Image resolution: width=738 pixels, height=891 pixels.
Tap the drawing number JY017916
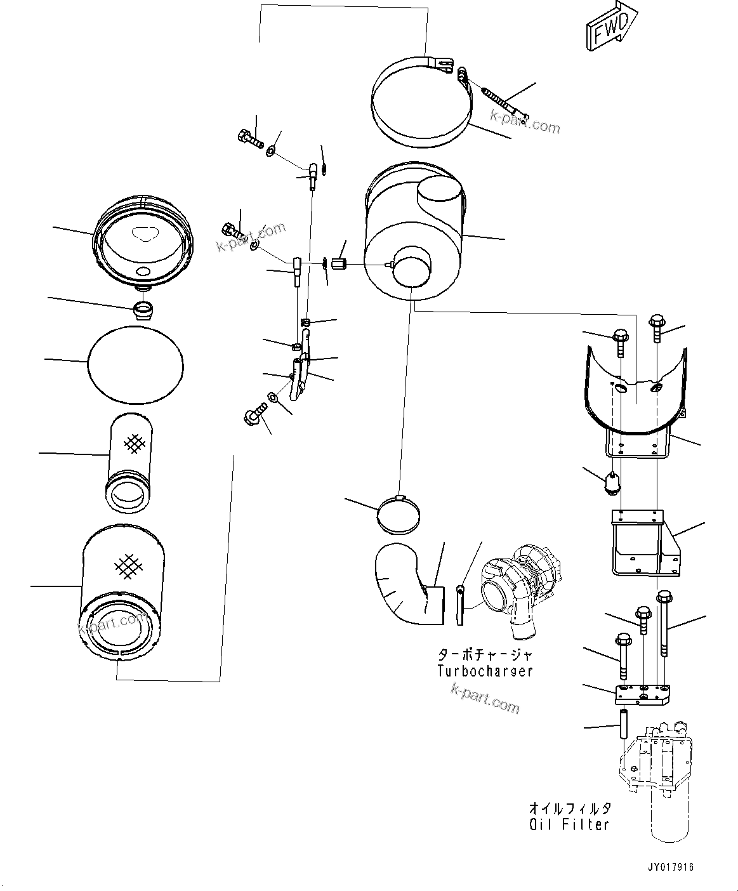pos(671,867)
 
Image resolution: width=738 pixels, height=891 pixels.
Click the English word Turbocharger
pos(485,671)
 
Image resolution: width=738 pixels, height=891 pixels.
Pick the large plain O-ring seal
pos(135,365)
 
